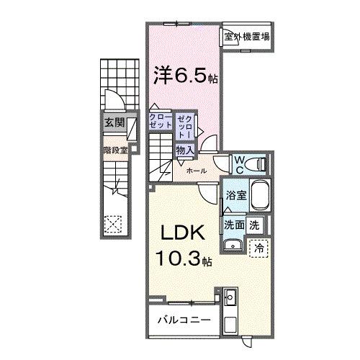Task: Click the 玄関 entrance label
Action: coord(113,123)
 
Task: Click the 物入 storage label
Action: coord(184,150)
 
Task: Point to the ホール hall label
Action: coord(196,171)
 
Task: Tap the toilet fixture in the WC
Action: coord(258,165)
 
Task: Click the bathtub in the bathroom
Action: coord(258,195)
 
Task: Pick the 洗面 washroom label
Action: coord(233,224)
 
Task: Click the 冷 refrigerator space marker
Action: coord(258,247)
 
